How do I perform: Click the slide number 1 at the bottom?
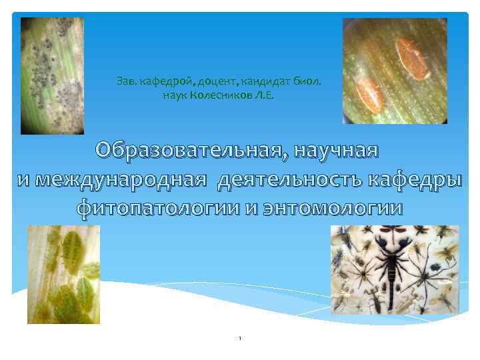[239, 339]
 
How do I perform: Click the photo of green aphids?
[63, 274]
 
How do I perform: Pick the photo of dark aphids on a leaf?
[52, 75]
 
